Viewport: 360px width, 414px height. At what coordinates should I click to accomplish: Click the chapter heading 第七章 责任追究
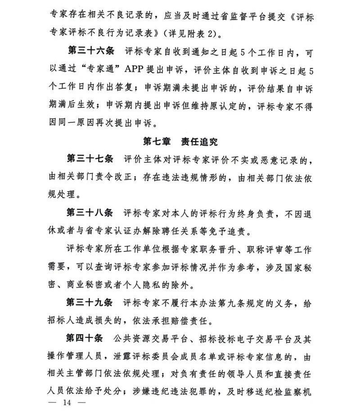[180, 141]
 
